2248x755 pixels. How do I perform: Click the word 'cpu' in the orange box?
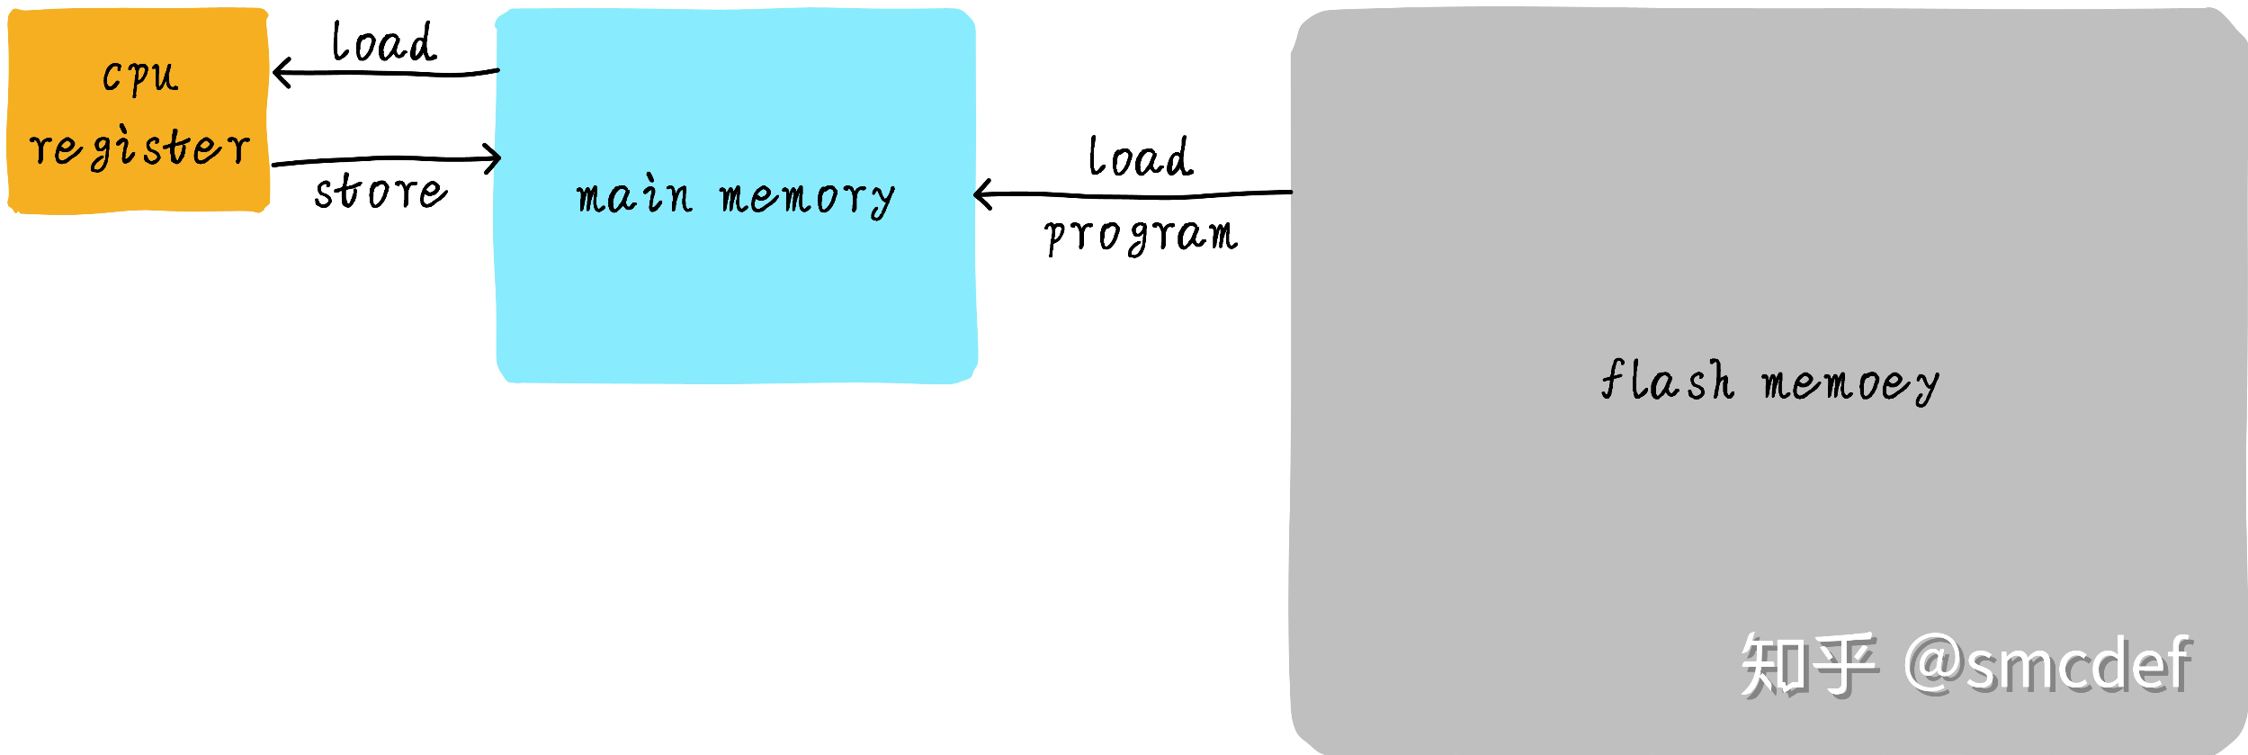140,76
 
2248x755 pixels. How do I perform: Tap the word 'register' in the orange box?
139,148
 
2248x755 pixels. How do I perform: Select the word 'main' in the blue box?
634,196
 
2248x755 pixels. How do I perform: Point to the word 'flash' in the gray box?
1667,381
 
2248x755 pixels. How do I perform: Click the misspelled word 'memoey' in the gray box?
1849,384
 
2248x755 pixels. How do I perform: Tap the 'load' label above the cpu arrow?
384,43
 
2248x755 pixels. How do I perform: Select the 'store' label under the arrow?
381,192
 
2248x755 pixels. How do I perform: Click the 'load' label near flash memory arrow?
1140,157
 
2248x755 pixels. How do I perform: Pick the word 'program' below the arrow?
1141,236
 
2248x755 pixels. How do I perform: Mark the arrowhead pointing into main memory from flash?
981,193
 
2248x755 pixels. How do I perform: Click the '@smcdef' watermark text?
2047,664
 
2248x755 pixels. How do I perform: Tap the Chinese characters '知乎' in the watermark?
1808,665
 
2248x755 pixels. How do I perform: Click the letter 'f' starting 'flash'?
1612,378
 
